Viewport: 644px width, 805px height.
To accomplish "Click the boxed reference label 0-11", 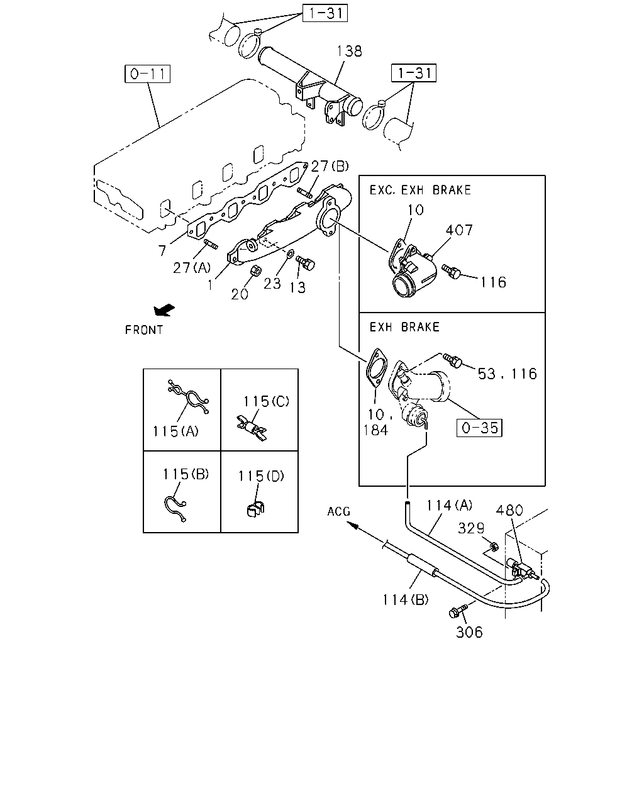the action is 147,74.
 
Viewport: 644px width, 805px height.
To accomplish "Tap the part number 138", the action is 350,51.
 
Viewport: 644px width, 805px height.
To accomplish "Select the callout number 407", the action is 459,230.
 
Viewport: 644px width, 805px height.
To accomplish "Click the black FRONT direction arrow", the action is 164,309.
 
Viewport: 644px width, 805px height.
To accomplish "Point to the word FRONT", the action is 144,330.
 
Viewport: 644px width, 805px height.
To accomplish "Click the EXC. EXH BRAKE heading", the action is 420,190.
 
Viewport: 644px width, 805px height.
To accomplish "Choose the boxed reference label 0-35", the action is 479,428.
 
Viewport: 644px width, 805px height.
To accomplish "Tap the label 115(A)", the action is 175,431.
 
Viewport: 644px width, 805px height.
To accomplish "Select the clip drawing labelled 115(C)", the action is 252,428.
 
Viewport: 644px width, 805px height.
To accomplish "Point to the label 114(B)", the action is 405,599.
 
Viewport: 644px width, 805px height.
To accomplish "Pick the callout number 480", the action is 509,510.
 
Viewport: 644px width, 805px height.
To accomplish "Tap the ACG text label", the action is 338,511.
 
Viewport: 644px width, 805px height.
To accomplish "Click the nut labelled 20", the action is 255,270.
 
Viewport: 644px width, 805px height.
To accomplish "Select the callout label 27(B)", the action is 330,165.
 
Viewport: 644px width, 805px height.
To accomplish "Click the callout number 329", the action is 471,528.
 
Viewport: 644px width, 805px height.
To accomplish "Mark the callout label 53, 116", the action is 508,374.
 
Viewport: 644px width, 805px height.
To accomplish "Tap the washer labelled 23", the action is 291,254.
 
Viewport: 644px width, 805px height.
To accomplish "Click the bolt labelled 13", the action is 306,262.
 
